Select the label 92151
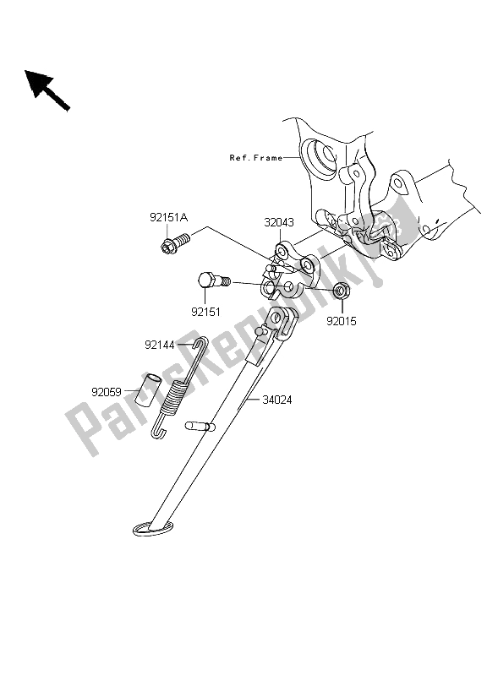tap(205, 311)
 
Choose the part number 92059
tap(107, 391)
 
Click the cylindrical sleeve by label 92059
tap(145, 390)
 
